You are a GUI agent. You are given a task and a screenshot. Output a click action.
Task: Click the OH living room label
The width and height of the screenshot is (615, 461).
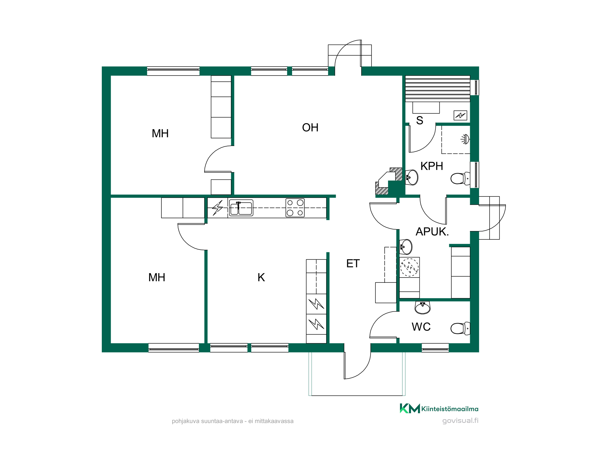[x=310, y=128]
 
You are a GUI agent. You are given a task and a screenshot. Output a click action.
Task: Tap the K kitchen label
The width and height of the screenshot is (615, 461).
[x=261, y=278]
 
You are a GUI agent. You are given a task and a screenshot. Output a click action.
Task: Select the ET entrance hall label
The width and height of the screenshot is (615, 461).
[x=353, y=263]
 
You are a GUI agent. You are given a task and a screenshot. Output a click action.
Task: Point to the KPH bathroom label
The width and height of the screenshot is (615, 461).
[x=432, y=166]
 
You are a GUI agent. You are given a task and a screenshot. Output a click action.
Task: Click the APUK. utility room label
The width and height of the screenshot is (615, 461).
[x=432, y=231]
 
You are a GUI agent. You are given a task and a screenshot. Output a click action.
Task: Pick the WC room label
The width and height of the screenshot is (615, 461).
[x=421, y=327]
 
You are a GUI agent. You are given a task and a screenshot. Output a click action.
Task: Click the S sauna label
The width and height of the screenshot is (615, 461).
[x=419, y=120]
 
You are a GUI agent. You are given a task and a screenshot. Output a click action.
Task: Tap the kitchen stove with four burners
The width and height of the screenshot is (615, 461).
[x=295, y=208]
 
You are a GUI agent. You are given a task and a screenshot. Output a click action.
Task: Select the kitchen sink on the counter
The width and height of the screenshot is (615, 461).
[x=241, y=208]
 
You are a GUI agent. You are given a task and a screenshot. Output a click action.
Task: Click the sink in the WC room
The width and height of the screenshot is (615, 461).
[x=423, y=307]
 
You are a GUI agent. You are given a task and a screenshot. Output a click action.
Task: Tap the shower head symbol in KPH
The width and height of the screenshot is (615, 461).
[x=466, y=139]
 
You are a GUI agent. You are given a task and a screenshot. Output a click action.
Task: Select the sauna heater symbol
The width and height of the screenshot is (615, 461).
[x=460, y=115]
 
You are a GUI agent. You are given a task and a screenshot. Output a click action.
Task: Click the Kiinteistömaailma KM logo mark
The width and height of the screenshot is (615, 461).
[x=410, y=408]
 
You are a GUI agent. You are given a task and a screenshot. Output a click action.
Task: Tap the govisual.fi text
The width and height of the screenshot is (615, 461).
[x=460, y=421]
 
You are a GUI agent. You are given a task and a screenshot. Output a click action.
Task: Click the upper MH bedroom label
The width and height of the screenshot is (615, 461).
[x=160, y=133]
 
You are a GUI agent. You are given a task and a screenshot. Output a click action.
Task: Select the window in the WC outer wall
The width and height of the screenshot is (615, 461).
[x=435, y=348]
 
